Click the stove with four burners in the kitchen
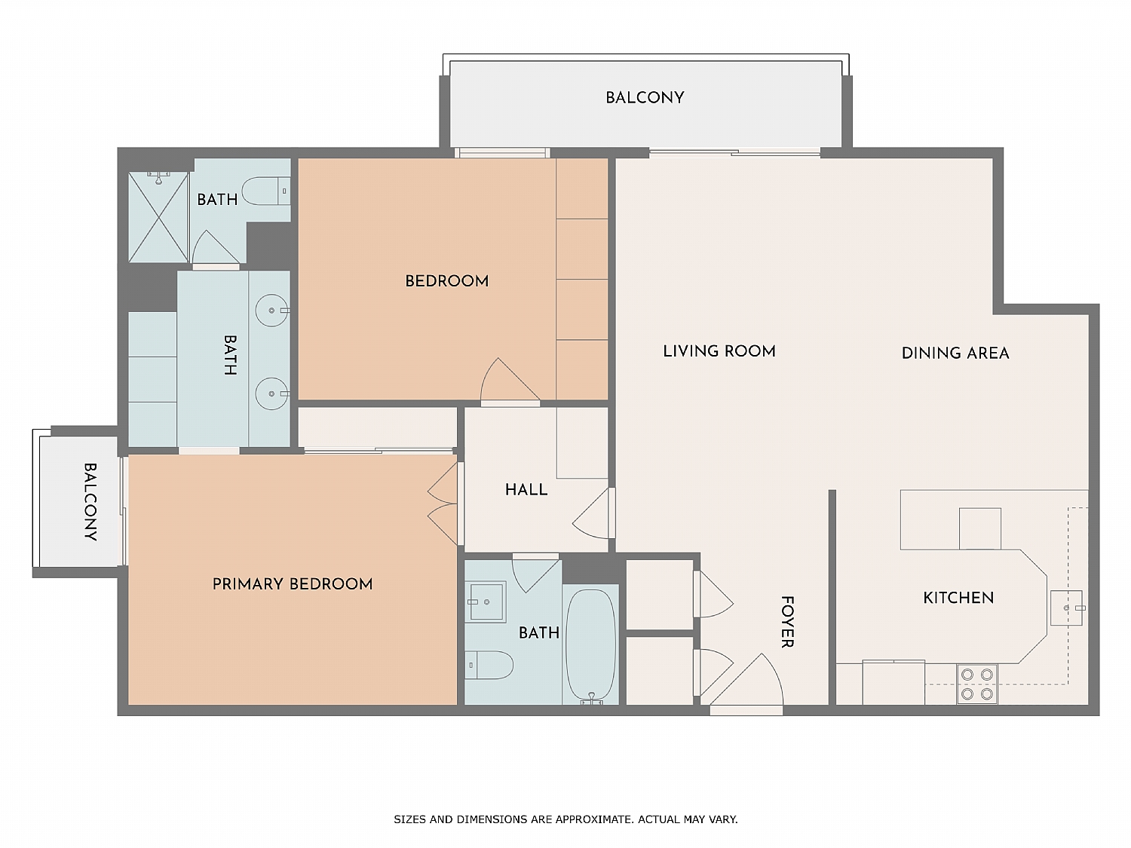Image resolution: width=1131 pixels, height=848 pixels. [976, 684]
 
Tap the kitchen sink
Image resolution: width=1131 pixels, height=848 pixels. [1066, 608]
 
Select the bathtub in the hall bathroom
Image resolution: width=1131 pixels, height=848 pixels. [590, 645]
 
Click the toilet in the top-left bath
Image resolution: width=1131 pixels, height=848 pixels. [265, 191]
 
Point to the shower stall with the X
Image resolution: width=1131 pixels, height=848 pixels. [158, 217]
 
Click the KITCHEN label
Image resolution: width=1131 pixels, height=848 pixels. [958, 598]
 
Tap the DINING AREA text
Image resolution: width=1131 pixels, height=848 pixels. [955, 353]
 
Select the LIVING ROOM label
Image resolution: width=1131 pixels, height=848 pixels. [719, 351]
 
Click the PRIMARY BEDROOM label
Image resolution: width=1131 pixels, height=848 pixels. [293, 584]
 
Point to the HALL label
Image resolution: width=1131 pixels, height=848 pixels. [526, 490]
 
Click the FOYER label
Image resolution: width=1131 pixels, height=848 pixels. [786, 622]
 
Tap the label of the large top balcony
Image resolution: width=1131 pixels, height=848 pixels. [645, 97]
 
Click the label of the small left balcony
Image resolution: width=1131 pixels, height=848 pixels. [90, 502]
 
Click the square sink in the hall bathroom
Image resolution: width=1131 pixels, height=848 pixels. [486, 602]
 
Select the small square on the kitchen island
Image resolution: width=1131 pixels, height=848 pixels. [979, 528]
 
